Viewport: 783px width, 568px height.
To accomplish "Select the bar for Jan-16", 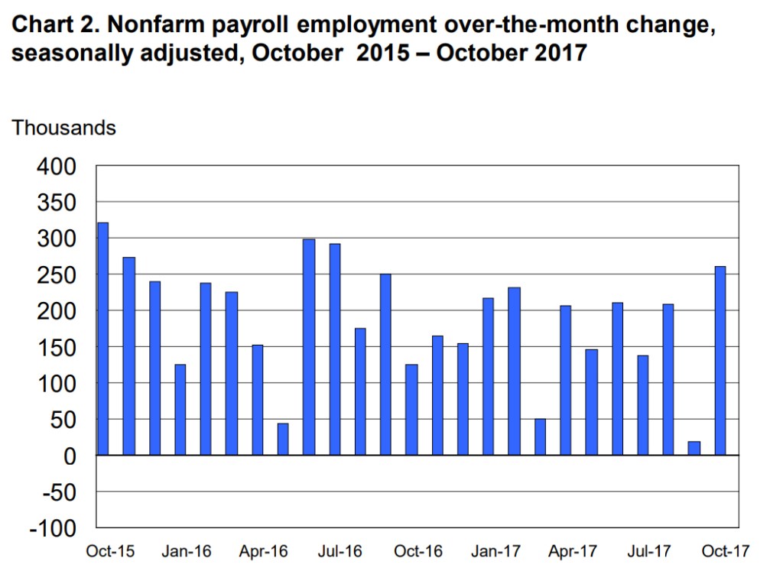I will (x=180, y=409).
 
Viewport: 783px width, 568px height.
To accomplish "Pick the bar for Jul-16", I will (x=334, y=349).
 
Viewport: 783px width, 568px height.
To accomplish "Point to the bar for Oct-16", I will (x=411, y=409).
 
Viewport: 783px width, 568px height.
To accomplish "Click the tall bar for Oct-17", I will (x=720, y=360).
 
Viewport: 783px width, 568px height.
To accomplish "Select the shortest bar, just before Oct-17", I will (x=694, y=448).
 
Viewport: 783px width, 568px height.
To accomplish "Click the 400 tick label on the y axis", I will (x=56, y=166).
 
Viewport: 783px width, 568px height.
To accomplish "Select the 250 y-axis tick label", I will (x=56, y=274).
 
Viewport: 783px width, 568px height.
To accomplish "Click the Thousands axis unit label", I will (x=64, y=128).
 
